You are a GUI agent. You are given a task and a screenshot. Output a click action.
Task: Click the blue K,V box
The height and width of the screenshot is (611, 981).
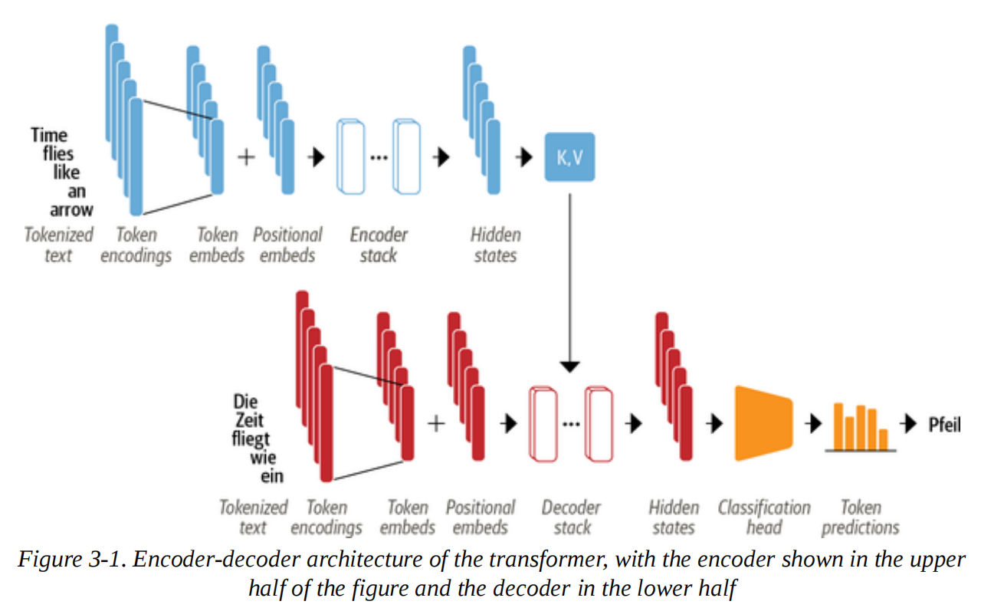pos(569,157)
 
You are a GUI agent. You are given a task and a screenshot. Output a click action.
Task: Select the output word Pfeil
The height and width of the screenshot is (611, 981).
pos(944,424)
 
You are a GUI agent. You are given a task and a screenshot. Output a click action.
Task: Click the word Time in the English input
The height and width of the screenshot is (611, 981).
pos(49,136)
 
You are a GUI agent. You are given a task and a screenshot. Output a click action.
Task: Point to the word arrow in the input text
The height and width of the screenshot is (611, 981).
pos(71,209)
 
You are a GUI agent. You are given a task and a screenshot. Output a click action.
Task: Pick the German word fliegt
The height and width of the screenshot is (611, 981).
pos(251,440)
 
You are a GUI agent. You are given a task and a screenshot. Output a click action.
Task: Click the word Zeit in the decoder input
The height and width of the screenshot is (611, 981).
pos(250,421)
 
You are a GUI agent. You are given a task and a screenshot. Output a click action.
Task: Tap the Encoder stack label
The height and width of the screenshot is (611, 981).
pos(379,245)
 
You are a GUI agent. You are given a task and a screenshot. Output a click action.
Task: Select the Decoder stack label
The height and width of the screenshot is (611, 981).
pos(571,517)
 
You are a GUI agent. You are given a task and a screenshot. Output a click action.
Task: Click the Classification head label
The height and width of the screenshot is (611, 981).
pos(764,517)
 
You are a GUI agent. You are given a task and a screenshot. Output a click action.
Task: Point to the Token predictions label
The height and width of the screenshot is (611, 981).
pos(860,517)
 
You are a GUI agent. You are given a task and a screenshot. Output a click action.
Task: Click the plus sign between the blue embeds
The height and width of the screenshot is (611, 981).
pos(246,157)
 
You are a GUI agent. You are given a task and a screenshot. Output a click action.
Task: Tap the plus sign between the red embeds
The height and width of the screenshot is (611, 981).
pos(435,423)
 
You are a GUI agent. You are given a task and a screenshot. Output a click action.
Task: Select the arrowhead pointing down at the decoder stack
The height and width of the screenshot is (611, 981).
pos(569,366)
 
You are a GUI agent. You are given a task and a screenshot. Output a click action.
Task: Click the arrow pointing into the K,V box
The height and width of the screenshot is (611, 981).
pos(525,157)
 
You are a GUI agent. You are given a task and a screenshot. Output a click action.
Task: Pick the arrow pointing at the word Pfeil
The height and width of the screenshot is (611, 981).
pos(910,424)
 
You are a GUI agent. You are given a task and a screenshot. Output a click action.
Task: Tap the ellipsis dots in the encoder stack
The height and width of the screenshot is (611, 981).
pos(379,157)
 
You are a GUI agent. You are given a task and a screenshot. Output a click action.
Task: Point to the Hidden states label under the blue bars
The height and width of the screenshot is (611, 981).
pos(496,245)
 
